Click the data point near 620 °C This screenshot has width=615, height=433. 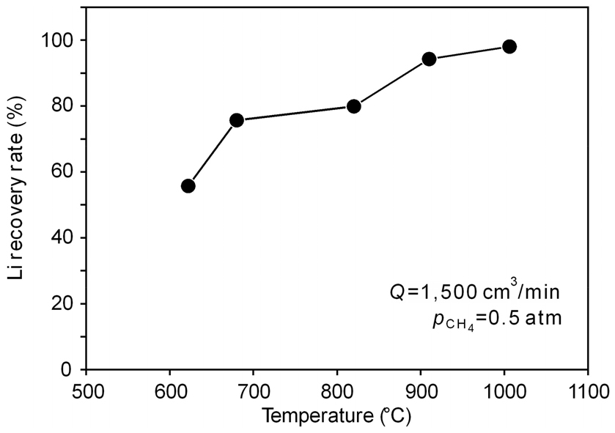coord(188,186)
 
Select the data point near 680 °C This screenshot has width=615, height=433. coord(237,120)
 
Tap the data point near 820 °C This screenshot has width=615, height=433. coord(354,106)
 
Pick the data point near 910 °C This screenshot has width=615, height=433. coord(430,59)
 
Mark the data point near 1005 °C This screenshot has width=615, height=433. coord(509,47)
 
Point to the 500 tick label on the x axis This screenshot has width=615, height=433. coord(86,389)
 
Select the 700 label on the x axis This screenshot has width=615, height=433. coord(254,389)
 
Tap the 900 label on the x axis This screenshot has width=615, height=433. coord(421,389)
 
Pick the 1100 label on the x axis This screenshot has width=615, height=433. coord(587,389)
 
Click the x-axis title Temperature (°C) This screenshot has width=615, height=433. coord(337,416)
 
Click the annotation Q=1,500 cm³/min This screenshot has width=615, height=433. coord(475,291)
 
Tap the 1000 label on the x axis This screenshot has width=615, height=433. coord(504,389)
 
